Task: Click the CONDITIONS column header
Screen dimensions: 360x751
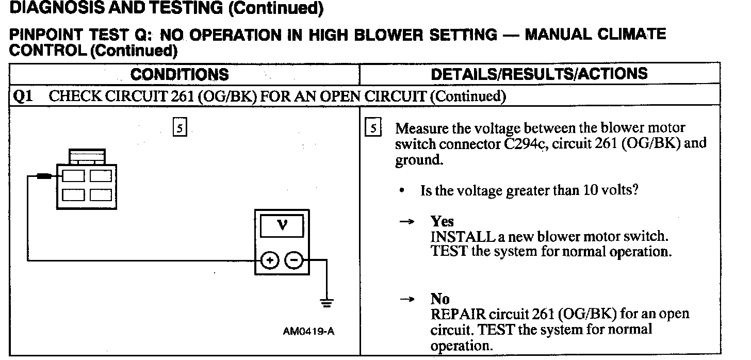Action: (x=179, y=75)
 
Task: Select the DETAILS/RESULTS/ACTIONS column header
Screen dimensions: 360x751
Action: (x=539, y=74)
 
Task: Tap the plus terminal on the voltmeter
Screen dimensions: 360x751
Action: (x=269, y=261)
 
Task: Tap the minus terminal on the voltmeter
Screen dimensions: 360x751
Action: (x=293, y=261)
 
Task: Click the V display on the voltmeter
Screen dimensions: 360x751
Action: (x=282, y=225)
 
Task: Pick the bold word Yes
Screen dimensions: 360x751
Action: (x=442, y=222)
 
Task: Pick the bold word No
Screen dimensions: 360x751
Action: (x=440, y=299)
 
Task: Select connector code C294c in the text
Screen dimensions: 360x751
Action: (x=521, y=143)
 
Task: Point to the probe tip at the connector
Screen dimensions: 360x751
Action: (x=43, y=176)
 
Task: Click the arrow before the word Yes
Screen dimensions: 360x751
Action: (x=407, y=222)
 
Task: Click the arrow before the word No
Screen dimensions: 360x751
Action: (x=407, y=299)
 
